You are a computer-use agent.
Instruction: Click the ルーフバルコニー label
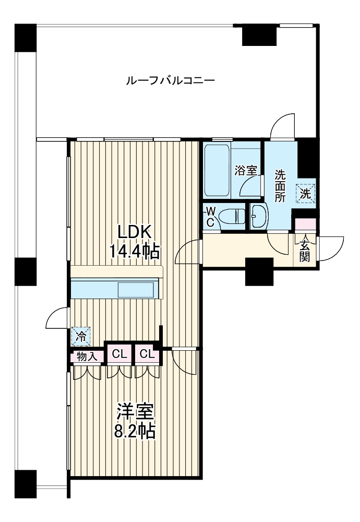[x=170, y=80]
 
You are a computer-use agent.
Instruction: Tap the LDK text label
[x=135, y=232]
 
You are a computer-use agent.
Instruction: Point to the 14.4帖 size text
[x=135, y=252]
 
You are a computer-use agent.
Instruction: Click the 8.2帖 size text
[x=135, y=432]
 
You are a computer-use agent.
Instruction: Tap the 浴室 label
[x=246, y=171]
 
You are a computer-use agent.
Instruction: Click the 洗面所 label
[x=280, y=186]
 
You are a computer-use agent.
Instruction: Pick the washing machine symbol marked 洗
[x=305, y=194]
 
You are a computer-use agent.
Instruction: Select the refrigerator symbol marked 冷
[x=80, y=337]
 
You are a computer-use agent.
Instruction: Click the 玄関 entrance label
[x=305, y=252]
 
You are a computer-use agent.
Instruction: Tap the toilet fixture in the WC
[x=233, y=217]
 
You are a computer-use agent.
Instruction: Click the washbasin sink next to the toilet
[x=258, y=216]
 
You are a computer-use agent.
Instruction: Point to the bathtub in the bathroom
[x=217, y=171]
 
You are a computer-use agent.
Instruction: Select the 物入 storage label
[x=87, y=357]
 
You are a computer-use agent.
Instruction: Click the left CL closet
[x=119, y=354]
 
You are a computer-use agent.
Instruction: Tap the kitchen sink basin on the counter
[x=136, y=290]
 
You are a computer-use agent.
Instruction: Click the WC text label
[x=210, y=217]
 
